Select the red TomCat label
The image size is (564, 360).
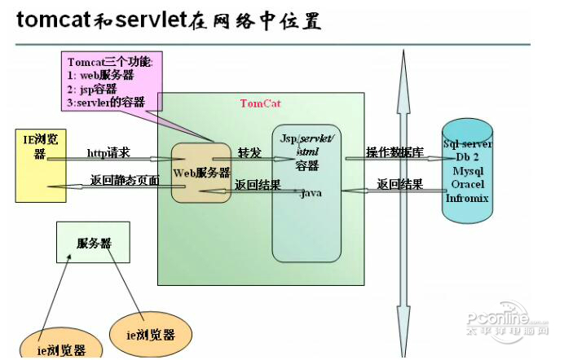click(x=260, y=103)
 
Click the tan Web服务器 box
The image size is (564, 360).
click(x=201, y=173)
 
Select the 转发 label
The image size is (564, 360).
click(x=249, y=153)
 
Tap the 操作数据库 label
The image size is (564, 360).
click(x=394, y=152)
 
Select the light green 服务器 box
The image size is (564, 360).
click(x=93, y=243)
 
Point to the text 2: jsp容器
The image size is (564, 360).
click(x=92, y=89)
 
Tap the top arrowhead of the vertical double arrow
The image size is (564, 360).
click(x=402, y=59)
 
